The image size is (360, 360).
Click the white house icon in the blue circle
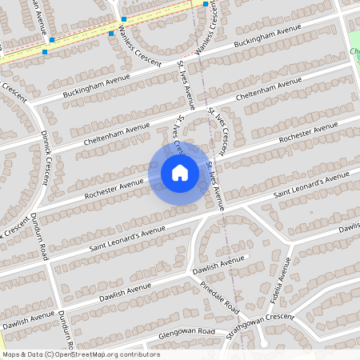[180, 172]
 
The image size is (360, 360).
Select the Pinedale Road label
[220, 297]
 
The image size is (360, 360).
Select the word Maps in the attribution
[12, 354]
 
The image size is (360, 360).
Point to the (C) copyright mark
[50, 354]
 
